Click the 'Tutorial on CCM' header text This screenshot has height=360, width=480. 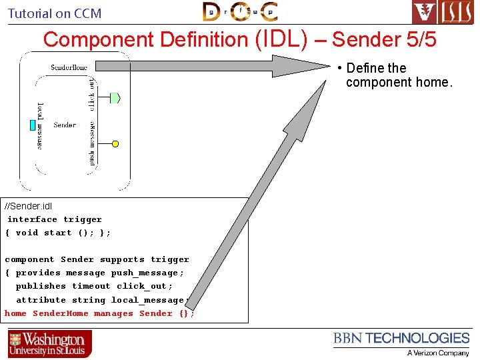[55, 13]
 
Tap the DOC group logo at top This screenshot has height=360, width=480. [240, 12]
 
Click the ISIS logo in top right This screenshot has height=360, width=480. [443, 13]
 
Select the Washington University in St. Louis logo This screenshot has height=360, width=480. [50, 344]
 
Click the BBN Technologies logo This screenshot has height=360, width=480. [401, 339]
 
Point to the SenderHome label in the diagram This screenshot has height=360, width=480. [69, 67]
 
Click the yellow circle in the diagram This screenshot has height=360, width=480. [115, 143]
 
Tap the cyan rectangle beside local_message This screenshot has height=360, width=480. [32, 125]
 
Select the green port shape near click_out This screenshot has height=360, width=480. [115, 98]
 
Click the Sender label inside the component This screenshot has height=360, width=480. [65, 125]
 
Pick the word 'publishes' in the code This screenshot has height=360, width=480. [41, 286]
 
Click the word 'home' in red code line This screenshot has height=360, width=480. [15, 313]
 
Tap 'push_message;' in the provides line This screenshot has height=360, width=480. [147, 273]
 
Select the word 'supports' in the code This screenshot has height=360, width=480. [122, 259]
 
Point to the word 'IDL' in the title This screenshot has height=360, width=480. [281, 39]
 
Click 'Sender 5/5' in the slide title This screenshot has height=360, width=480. [384, 40]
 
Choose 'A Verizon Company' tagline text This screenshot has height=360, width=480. [438, 353]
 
